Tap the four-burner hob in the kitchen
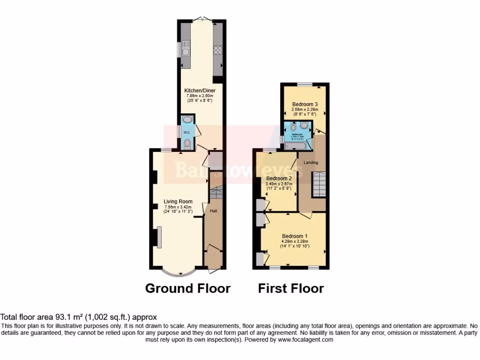coord(218,51)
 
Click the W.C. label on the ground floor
coord(187,132)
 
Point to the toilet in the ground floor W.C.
coord(187,143)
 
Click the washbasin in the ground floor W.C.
coord(187,120)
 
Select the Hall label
coord(213,211)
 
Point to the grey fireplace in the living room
coord(159,237)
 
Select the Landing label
coord(311,163)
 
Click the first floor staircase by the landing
coord(319,184)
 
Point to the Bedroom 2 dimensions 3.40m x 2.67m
coord(279,184)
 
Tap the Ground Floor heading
coord(187,288)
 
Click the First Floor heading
coord(291,288)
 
